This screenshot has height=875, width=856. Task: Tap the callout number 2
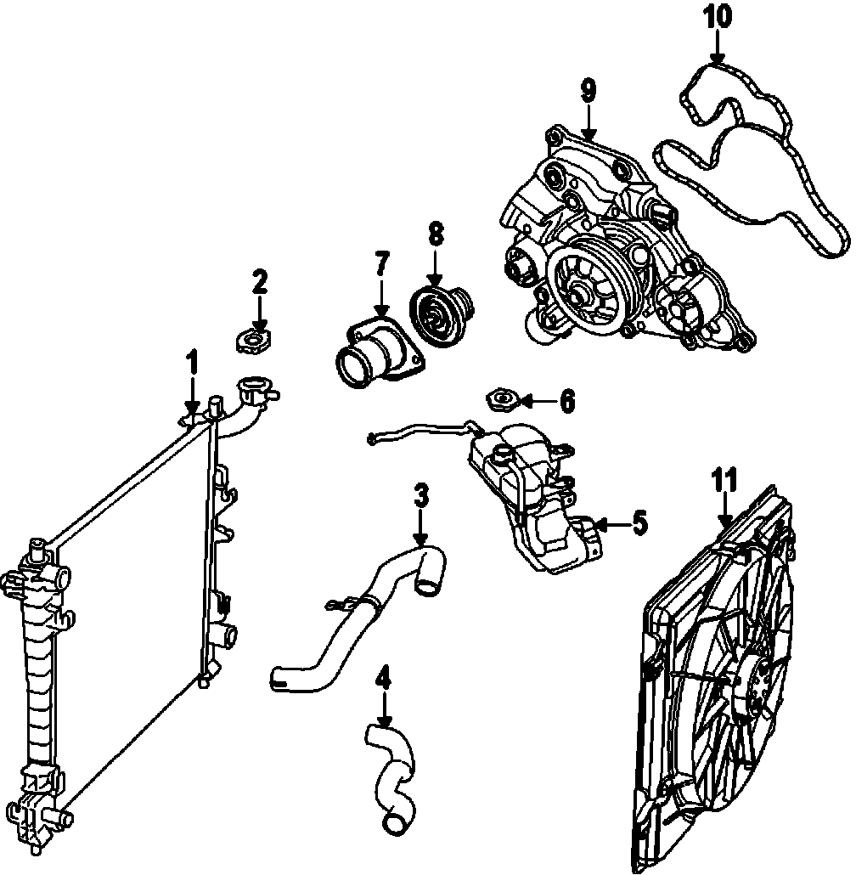click(260, 282)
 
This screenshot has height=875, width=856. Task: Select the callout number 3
click(420, 497)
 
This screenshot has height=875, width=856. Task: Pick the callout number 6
click(567, 398)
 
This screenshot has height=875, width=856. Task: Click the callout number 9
click(589, 92)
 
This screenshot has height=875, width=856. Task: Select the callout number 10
click(717, 16)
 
